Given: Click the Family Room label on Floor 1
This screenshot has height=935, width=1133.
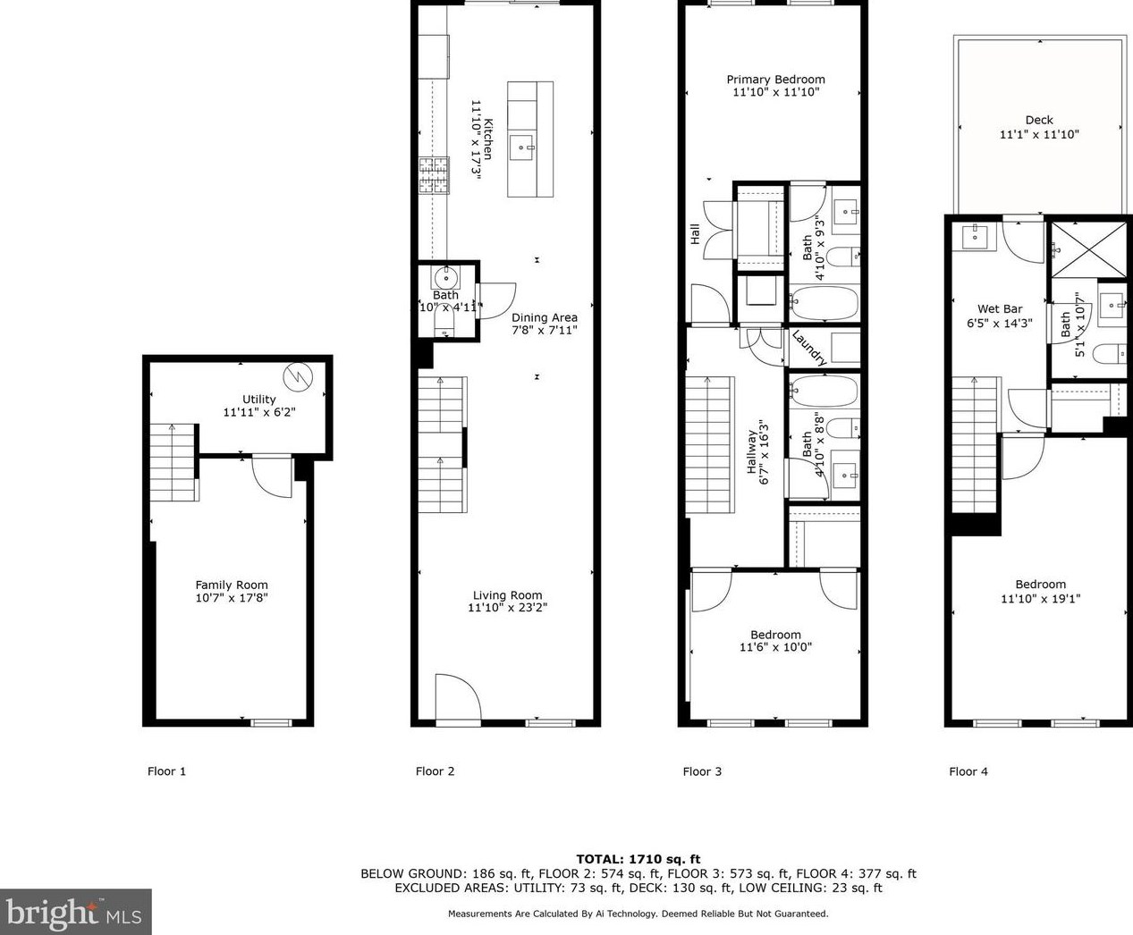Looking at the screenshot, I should (232, 585).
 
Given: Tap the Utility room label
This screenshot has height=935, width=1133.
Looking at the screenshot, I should (259, 400).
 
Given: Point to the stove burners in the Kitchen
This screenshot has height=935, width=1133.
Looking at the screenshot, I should (434, 175).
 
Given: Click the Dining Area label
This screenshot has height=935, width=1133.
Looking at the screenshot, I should (544, 317).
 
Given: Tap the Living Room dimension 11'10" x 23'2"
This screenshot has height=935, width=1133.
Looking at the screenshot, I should (507, 608).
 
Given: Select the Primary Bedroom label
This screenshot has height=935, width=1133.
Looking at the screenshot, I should (775, 80).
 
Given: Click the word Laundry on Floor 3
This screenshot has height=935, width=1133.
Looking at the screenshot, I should (808, 347).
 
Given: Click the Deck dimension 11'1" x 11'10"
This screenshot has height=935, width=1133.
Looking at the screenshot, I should (1039, 134).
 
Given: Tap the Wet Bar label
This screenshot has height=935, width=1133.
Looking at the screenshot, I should (1000, 309).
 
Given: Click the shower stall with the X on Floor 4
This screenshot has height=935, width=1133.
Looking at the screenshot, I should (1087, 249).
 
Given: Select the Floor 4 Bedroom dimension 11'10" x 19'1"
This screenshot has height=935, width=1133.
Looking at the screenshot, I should (1040, 599).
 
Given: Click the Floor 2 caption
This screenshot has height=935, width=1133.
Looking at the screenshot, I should (435, 771).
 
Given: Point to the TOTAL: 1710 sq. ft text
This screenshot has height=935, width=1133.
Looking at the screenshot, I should (638, 859).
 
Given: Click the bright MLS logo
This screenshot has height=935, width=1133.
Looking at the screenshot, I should (75, 912).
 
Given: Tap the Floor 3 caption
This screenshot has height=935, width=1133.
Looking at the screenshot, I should (702, 771).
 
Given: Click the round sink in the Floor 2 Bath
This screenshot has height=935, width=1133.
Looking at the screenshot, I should (445, 278).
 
